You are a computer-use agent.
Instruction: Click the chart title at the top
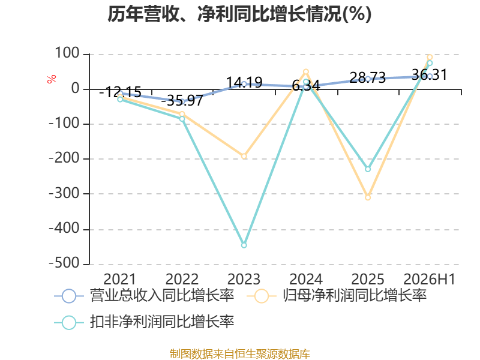coord(239,14)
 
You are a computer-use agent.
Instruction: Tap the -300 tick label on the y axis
coord(64,193)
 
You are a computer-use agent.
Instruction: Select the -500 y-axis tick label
coord(64,263)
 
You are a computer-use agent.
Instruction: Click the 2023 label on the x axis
coord(244,279)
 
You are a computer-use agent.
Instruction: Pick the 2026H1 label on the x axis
coord(430,279)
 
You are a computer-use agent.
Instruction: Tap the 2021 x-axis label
coord(119,279)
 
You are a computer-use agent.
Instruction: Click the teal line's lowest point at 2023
coord(244,245)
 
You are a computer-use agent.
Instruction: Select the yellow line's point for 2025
coord(368,198)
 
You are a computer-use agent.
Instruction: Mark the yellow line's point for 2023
coord(244,157)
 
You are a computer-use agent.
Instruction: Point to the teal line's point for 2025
coord(368,169)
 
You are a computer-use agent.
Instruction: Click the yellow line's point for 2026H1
coord(430,57)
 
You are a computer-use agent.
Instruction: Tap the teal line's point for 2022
coord(182,119)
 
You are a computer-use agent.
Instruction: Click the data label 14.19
coord(244,82)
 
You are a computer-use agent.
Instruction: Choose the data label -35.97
coord(182,100)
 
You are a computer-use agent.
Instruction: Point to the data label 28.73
coord(368,77)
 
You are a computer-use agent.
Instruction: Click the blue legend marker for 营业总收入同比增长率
coord(69,296)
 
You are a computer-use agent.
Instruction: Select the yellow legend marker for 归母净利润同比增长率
coord(262,296)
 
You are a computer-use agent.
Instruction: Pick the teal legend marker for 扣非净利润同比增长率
coord(69,322)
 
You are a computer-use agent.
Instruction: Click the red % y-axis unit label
coord(52,79)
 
